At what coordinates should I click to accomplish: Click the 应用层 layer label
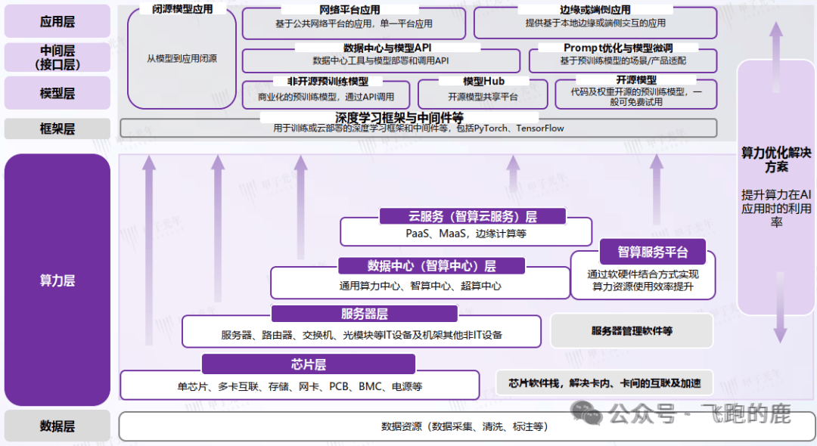pyautogui.click(x=57, y=21)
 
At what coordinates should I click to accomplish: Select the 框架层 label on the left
pyautogui.click(x=57, y=129)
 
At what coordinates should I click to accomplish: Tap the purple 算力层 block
pyautogui.click(x=57, y=280)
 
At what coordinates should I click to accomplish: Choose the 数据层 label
pyautogui.click(x=57, y=426)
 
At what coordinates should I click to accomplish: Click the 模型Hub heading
pyautogui.click(x=483, y=81)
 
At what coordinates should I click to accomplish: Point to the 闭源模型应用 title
pyautogui.click(x=182, y=9)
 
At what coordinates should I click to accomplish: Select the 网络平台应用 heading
pyautogui.click(x=349, y=10)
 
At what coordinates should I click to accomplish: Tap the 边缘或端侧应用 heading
pyautogui.click(x=595, y=10)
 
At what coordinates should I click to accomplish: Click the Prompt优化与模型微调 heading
pyautogui.click(x=618, y=48)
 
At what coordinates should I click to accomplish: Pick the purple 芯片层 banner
pyautogui.click(x=308, y=364)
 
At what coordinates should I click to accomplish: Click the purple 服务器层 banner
pyautogui.click(x=364, y=314)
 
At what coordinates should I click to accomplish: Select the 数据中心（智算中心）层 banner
pyautogui.click(x=431, y=265)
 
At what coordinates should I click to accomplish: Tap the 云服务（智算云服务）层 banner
pyautogui.click(x=472, y=216)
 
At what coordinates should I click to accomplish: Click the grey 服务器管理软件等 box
pyautogui.click(x=632, y=330)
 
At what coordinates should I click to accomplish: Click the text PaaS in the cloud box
pyautogui.click(x=418, y=234)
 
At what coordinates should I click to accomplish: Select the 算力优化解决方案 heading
pyautogui.click(x=776, y=160)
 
